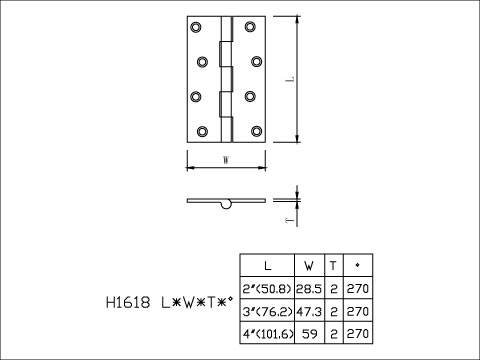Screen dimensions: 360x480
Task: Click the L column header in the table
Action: (x=266, y=266)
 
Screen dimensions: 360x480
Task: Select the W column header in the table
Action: (x=308, y=266)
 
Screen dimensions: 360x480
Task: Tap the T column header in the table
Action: (x=332, y=266)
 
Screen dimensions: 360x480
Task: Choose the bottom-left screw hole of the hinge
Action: (x=199, y=131)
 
